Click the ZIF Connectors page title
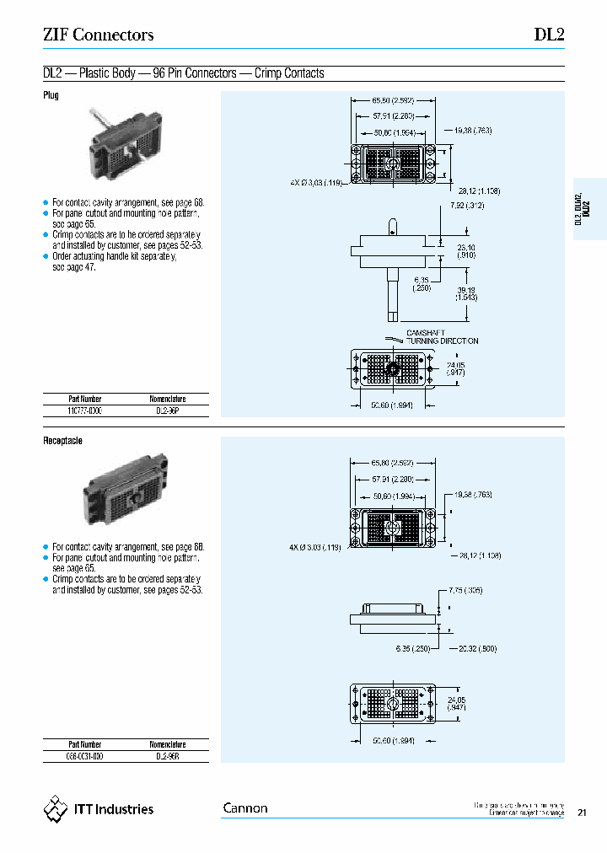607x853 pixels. [x=98, y=35]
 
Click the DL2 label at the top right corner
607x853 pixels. [x=549, y=35]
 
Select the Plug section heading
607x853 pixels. [x=51, y=96]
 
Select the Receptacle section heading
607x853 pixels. [x=62, y=441]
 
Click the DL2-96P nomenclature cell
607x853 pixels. [x=167, y=410]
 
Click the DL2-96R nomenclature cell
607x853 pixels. [x=167, y=756]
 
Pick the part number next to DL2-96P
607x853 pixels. [x=84, y=410]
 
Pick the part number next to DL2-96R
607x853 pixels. [x=84, y=756]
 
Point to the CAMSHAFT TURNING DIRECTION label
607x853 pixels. [x=442, y=337]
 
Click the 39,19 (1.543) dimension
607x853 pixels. [x=466, y=292]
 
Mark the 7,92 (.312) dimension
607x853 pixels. [x=467, y=206]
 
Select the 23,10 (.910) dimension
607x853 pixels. [x=466, y=250]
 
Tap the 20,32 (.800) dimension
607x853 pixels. [x=479, y=648]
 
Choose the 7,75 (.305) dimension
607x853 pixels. [x=466, y=591]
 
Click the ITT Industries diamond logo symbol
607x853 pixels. [x=55, y=809]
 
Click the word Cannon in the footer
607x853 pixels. [x=245, y=808]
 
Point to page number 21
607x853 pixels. [x=583, y=813]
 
